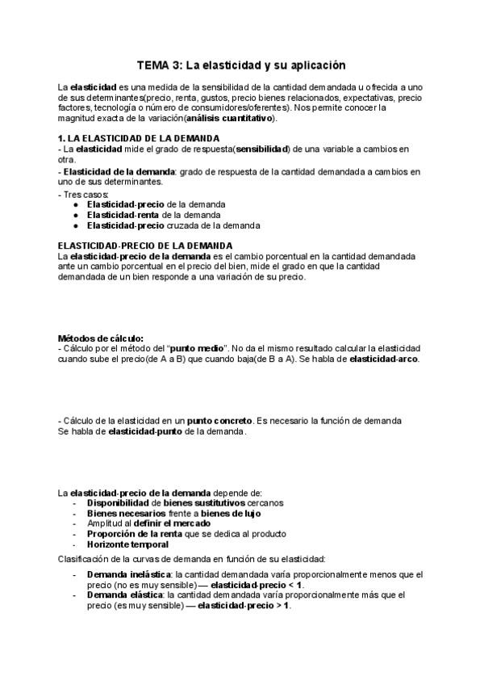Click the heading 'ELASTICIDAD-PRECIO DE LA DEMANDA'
(x=145, y=246)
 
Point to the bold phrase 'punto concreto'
(x=219, y=421)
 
